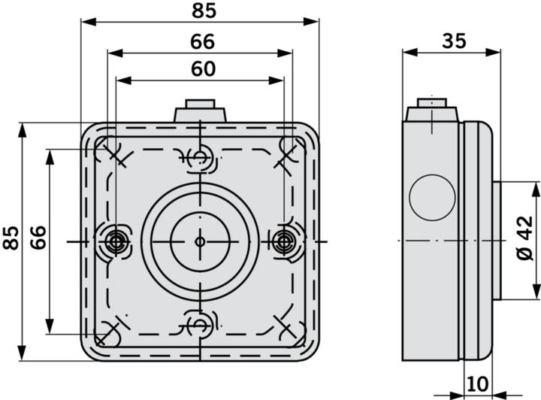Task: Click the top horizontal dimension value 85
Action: [x=201, y=11]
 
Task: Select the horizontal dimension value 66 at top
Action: [x=201, y=42]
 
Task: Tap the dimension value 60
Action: [x=201, y=69]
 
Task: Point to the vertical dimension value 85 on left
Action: [x=11, y=238]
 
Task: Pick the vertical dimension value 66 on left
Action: [x=38, y=238]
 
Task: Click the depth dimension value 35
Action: [x=452, y=41]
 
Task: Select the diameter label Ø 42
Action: [x=525, y=238]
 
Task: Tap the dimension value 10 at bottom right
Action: [x=476, y=383]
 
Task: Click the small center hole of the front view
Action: [x=200, y=241]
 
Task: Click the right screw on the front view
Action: [x=284, y=241]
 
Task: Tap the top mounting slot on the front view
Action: [x=200, y=156]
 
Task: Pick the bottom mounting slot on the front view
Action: [x=200, y=325]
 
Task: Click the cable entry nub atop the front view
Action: [x=200, y=112]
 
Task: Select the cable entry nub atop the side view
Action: [x=431, y=112]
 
